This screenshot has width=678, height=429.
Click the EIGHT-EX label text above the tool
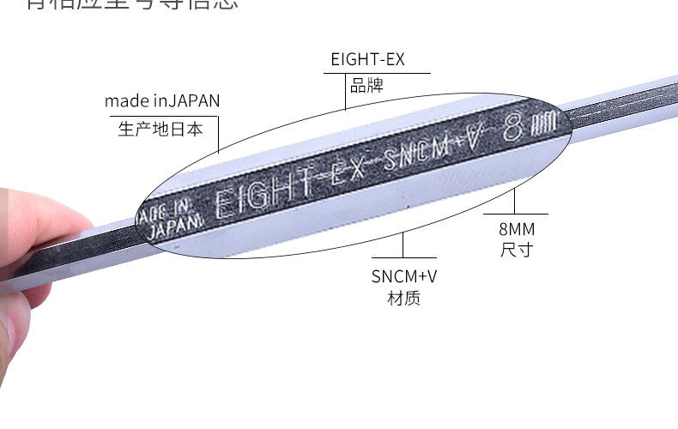[367, 60]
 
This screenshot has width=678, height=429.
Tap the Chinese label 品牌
[366, 85]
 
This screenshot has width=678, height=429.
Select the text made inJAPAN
[162, 101]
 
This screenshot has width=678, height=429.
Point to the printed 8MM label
[515, 230]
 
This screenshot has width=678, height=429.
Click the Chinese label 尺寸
[515, 251]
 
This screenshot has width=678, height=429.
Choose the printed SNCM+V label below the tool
[404, 276]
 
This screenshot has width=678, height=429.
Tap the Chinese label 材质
[404, 299]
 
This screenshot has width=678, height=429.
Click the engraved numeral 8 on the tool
[514, 128]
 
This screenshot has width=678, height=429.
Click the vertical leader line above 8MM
[514, 201]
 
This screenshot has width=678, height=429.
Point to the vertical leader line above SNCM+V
[403, 245]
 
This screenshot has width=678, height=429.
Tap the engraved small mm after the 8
[544, 124]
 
